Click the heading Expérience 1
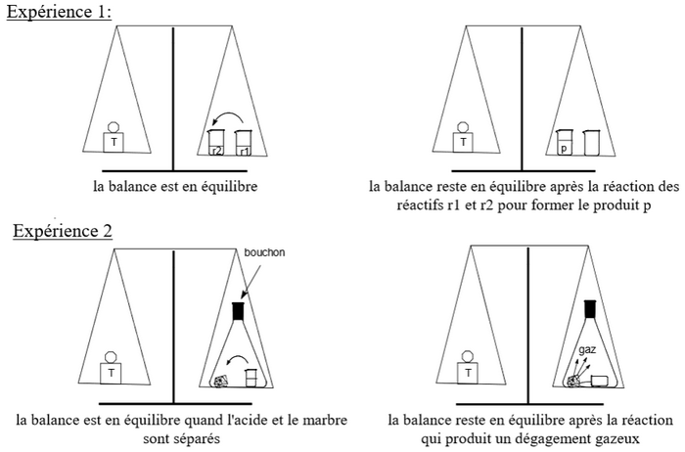(59, 12)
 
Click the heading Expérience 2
(63, 231)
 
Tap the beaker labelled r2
(216, 143)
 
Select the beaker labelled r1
(244, 143)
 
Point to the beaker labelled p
(564, 143)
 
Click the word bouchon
(264, 252)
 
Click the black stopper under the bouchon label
(238, 311)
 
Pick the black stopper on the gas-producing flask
(590, 309)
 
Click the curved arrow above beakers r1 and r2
(229, 113)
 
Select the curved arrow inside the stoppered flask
(238, 357)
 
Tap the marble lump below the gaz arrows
(573, 382)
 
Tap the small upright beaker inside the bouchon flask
(250, 378)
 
